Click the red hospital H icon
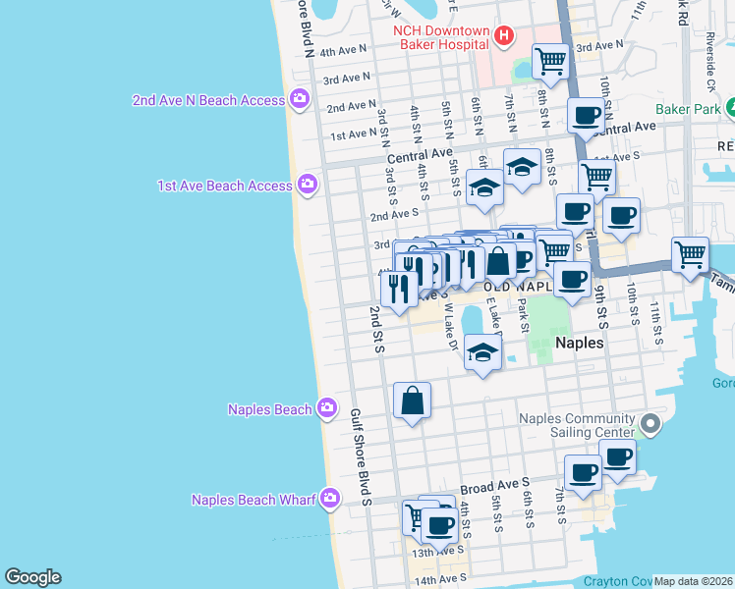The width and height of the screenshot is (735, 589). [504, 36]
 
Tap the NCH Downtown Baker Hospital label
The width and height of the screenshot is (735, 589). [441, 36]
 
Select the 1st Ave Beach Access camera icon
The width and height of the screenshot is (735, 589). [308, 185]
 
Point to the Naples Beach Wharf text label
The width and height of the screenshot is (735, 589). [254, 500]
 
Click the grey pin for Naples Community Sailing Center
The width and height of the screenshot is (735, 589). [649, 425]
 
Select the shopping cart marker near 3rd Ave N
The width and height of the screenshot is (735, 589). [550, 61]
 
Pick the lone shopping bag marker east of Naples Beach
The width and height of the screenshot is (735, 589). [412, 401]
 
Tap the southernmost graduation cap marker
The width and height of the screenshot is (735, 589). [482, 353]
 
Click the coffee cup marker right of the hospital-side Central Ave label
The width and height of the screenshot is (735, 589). [587, 116]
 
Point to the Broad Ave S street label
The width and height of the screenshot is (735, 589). [494, 486]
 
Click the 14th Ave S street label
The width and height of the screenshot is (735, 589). [437, 580]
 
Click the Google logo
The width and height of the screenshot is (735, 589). [32, 577]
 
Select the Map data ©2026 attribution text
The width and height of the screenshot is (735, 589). [693, 581]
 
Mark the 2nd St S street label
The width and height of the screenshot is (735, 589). [375, 329]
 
